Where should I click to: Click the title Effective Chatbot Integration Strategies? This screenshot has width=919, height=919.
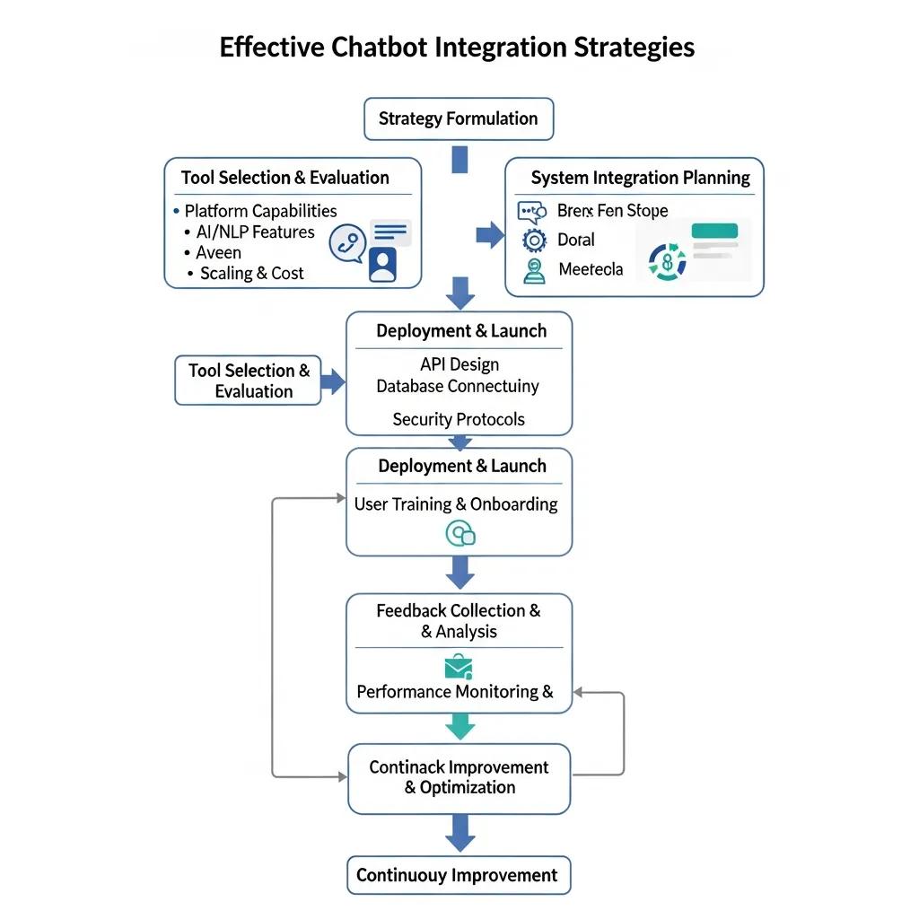pyautogui.click(x=457, y=47)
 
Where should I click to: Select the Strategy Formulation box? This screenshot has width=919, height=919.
pyautogui.click(x=459, y=118)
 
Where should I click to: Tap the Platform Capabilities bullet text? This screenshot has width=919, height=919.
pyautogui.click(x=260, y=211)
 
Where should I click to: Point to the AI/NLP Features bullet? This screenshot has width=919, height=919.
pyautogui.click(x=255, y=232)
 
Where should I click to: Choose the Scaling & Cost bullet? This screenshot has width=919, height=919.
pyautogui.click(x=251, y=273)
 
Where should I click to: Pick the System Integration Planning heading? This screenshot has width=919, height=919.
pyautogui.click(x=640, y=177)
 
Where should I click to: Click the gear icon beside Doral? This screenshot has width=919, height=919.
pyautogui.click(x=534, y=240)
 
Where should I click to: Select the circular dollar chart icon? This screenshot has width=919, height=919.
pyautogui.click(x=667, y=262)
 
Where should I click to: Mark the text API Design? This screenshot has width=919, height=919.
pyautogui.click(x=459, y=364)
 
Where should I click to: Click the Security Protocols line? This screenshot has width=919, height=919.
pyautogui.click(x=459, y=419)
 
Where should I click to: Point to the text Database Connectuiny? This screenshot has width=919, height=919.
pyautogui.click(x=458, y=386)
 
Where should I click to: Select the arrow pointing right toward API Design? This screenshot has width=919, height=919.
pyautogui.click(x=332, y=382)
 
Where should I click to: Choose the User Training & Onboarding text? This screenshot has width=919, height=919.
pyautogui.click(x=456, y=503)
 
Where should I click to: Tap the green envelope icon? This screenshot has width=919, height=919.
pyautogui.click(x=459, y=666)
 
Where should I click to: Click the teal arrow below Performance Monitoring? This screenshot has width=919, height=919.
pyautogui.click(x=459, y=725)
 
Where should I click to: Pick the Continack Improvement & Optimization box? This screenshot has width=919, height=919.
pyautogui.click(x=459, y=778)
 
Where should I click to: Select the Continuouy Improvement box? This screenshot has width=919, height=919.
pyautogui.click(x=458, y=875)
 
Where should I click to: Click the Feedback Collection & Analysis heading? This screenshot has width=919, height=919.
pyautogui.click(x=459, y=620)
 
